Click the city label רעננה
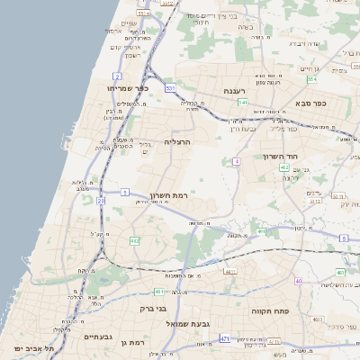[x=241, y=91]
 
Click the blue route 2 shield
[x=117, y=75]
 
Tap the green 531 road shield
[x=170, y=88]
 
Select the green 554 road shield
[x=311, y=79]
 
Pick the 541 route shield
[x=243, y=103]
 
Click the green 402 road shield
[x=283, y=167]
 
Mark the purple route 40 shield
[x=299, y=282]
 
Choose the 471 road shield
[x=223, y=338]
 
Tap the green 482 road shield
[x=135, y=241]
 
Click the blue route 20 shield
[x=101, y=201]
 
